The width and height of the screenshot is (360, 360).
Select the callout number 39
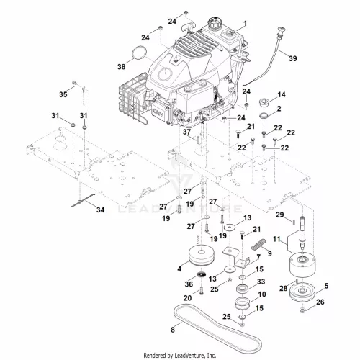293,58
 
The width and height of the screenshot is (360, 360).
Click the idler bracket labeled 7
236,258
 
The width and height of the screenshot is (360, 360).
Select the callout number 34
100,210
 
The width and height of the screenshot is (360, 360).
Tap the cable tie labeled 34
83,201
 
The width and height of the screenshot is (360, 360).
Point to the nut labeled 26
303,311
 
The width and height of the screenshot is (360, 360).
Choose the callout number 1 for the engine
245,24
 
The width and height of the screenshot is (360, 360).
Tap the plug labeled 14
265,103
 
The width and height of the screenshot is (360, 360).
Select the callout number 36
189,284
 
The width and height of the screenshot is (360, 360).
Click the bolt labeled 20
201,291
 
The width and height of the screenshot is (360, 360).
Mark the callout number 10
262,294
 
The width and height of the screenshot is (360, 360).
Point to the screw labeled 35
74,83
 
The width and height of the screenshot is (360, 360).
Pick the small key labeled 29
294,221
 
